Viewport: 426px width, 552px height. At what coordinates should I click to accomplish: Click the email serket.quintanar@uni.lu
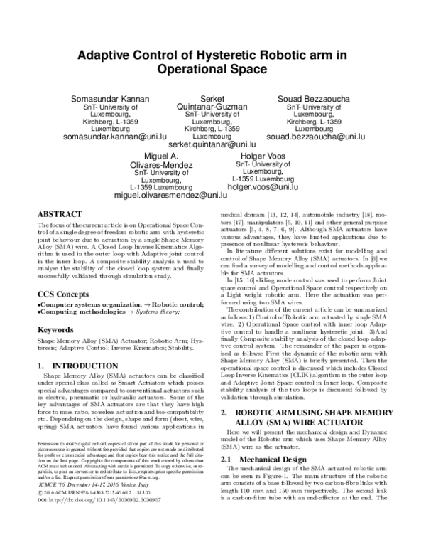tap(212, 144)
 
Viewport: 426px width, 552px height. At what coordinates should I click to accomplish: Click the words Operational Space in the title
tap(212, 70)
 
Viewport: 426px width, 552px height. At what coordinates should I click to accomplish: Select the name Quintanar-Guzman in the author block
tap(212, 106)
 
